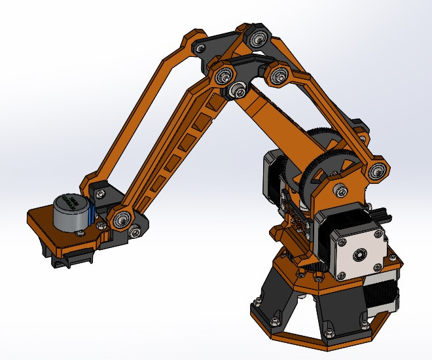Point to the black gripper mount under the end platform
point(69,259)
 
